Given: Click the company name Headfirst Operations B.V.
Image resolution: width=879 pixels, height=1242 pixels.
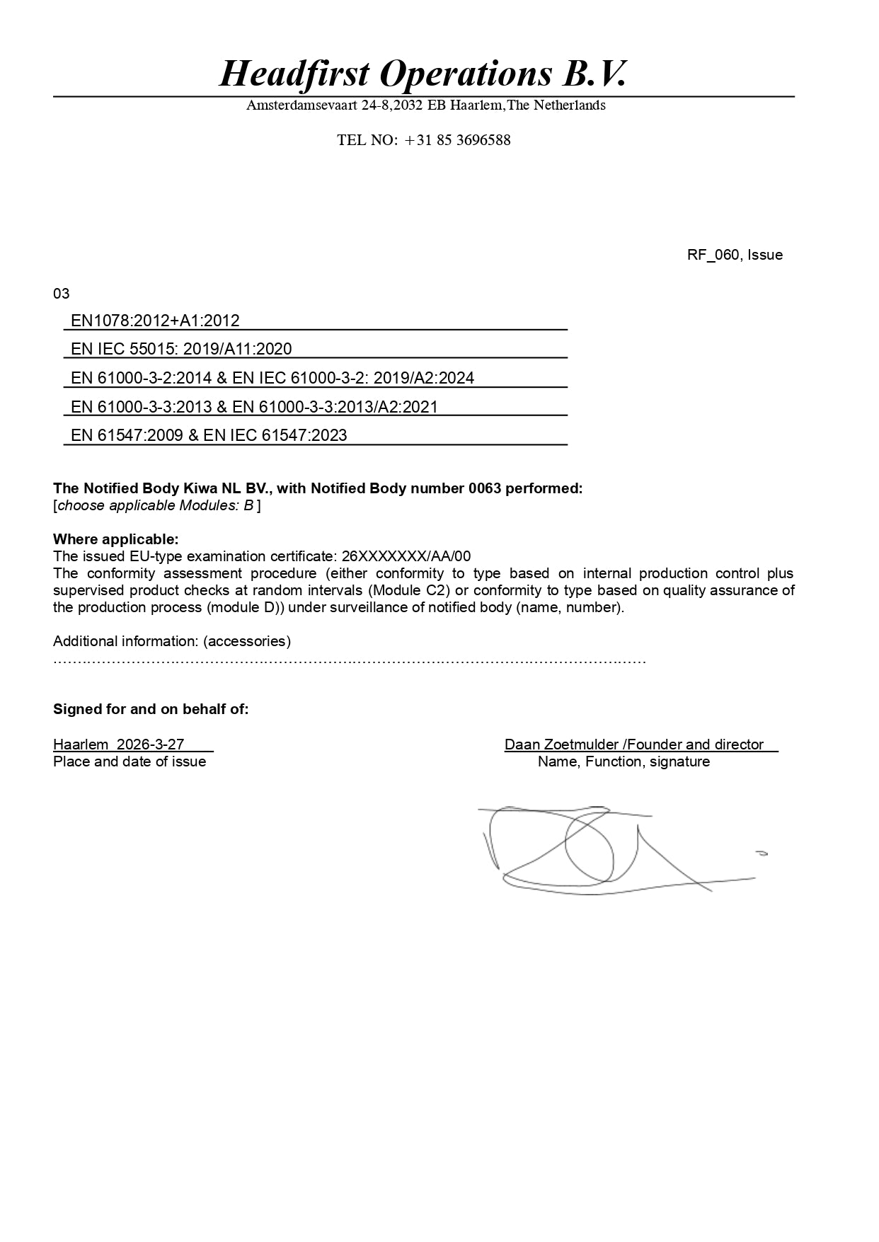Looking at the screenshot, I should click(423, 74).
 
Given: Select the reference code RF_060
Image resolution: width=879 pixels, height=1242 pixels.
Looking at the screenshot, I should click(713, 255).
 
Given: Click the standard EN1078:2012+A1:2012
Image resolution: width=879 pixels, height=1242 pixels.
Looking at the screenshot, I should click(155, 321).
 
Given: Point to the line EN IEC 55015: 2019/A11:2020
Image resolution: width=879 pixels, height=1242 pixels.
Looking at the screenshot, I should click(181, 349).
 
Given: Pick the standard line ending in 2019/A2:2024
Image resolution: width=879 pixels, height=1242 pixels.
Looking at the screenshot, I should click(272, 378).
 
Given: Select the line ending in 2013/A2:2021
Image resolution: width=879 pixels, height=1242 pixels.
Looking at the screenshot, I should click(254, 407).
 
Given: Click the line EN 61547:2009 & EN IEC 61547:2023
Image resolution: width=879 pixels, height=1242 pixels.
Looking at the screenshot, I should click(209, 435).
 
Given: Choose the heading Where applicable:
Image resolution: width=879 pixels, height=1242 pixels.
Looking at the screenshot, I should click(116, 539).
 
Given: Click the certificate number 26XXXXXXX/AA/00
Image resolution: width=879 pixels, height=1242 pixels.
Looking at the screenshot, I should click(406, 556).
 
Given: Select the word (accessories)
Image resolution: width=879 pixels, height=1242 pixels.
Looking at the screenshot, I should click(247, 641).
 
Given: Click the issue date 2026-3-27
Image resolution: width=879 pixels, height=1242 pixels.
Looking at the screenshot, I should click(150, 744).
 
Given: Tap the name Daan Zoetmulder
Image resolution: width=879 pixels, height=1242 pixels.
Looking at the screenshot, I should click(561, 744).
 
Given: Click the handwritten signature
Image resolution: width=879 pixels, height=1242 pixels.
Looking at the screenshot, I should click(609, 849).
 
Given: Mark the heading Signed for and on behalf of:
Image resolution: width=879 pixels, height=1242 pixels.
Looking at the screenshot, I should click(151, 709).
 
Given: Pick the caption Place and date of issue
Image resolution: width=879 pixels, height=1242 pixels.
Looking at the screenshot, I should click(130, 761).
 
